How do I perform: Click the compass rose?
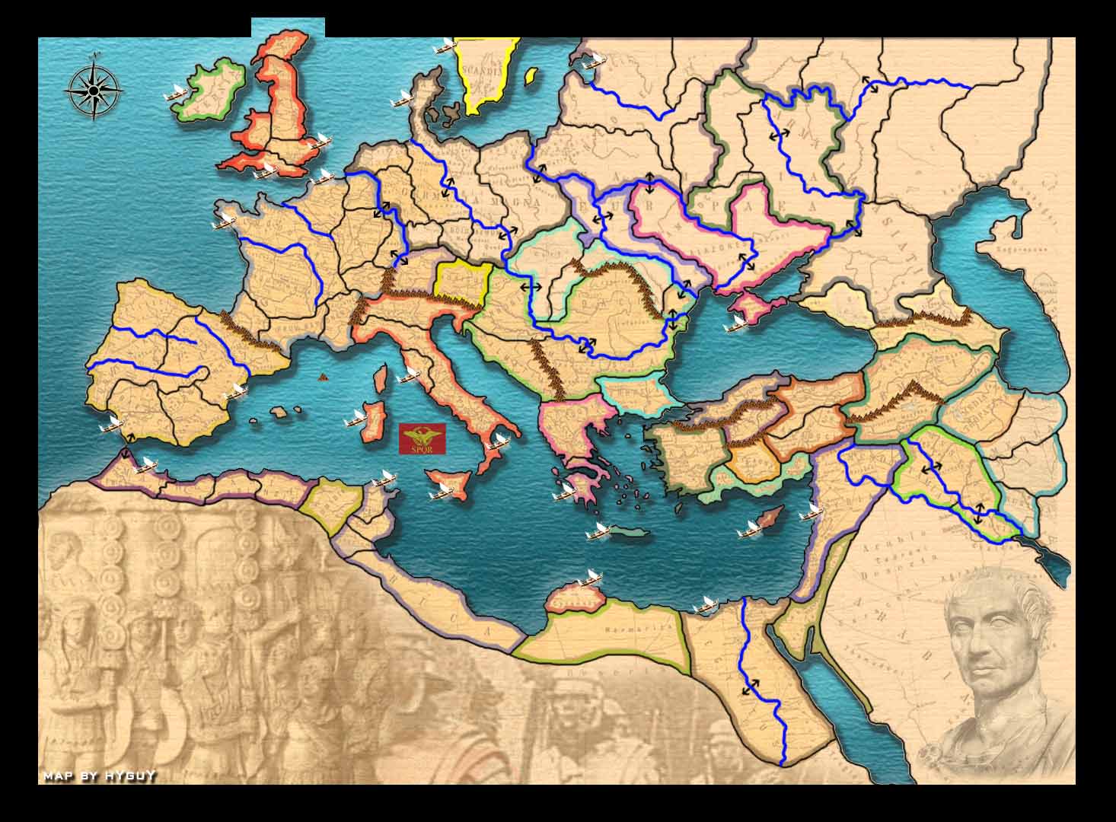click(93, 90)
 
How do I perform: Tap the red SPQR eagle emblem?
click(422, 439)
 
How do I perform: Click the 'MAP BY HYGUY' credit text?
click(100, 776)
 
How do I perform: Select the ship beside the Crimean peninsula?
click(735, 323)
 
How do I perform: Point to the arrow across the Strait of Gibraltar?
click(125, 447)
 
